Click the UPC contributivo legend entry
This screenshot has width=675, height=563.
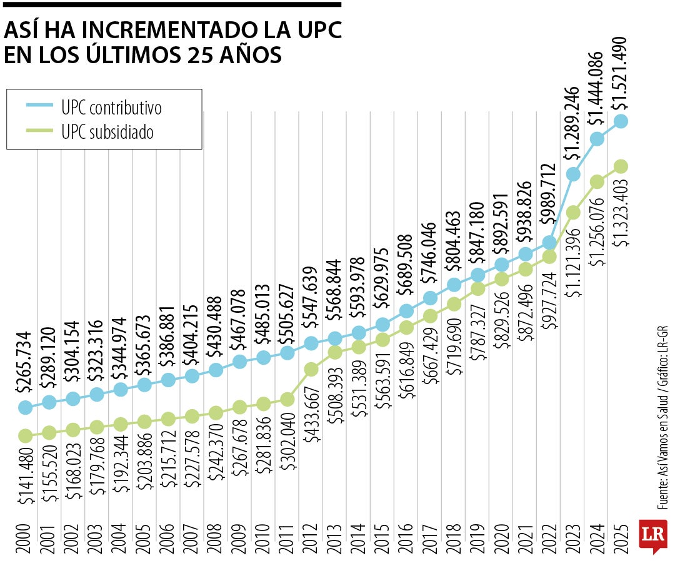pyautogui.click(x=104, y=108)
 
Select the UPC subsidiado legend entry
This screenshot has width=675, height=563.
pyautogui.click(x=104, y=132)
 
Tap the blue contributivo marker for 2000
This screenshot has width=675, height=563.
pyautogui.click(x=26, y=407)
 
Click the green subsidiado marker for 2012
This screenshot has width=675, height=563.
pyautogui.click(x=311, y=369)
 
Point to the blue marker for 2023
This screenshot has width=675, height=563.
pyautogui.click(x=573, y=175)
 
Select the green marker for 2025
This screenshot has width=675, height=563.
pyautogui.click(x=621, y=166)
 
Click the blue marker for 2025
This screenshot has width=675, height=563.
pyautogui.click(x=621, y=121)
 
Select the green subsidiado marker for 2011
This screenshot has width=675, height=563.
pyautogui.click(x=287, y=399)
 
